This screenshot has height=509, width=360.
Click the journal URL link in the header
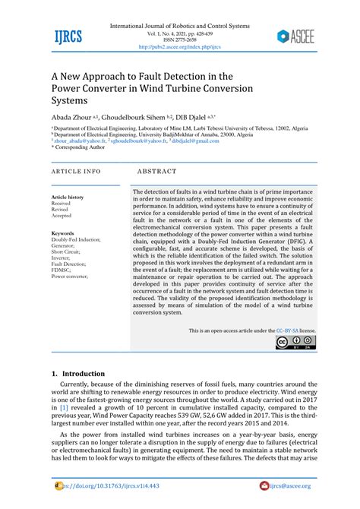point(179,46)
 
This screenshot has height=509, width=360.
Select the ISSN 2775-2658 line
point(180,40)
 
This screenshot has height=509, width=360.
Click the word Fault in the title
point(147,76)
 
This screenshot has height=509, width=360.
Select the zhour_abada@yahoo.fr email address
point(80,141)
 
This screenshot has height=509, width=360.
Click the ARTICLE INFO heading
point(76,172)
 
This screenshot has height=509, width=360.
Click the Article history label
point(68,197)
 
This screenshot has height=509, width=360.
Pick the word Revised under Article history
point(62,210)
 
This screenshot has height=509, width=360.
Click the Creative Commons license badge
point(296,343)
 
